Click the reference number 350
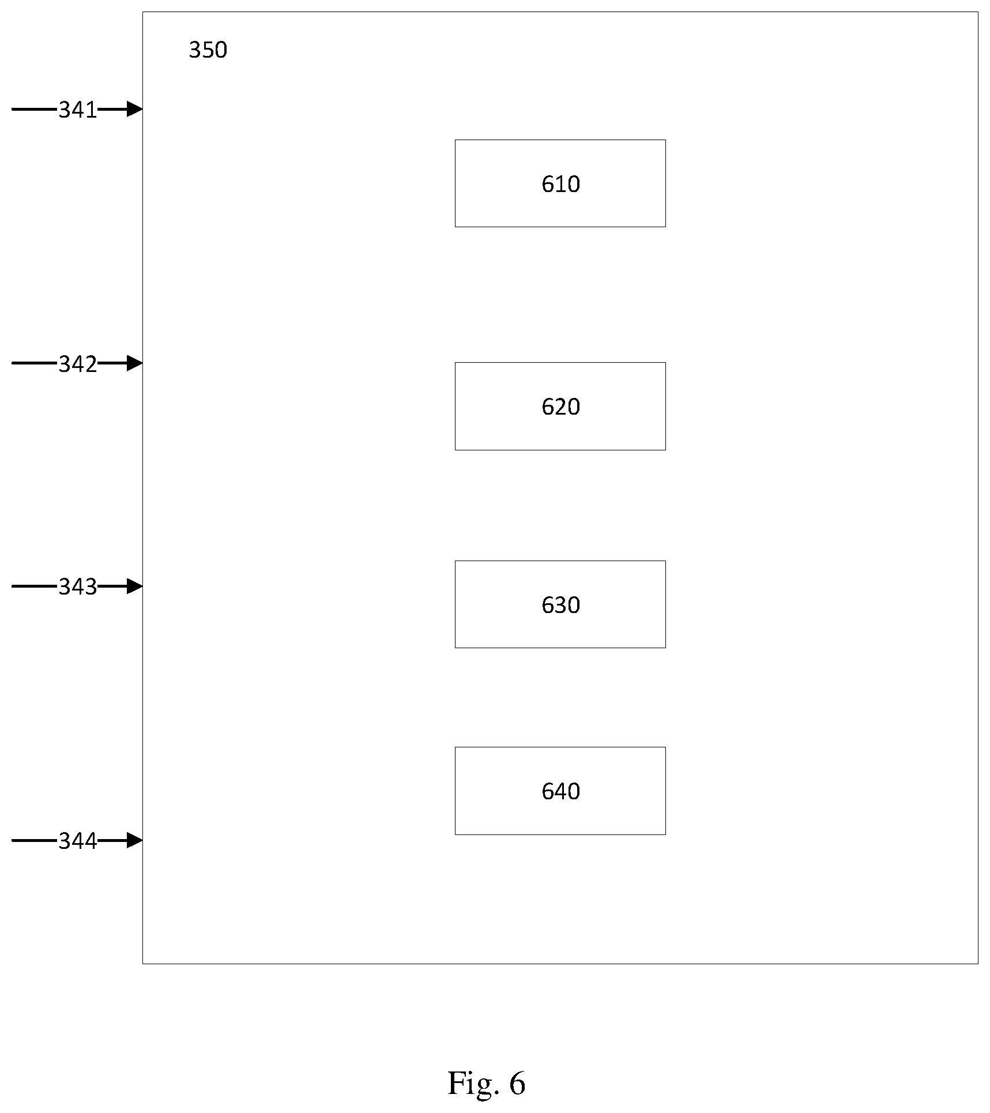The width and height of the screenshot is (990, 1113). point(208,50)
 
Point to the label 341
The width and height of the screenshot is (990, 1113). point(78,110)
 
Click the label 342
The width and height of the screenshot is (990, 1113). point(78,364)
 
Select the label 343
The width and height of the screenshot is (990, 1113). point(78,587)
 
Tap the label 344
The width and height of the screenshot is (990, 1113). point(78,841)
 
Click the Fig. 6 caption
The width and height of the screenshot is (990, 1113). point(487,1083)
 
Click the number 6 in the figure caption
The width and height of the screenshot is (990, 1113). point(517,1083)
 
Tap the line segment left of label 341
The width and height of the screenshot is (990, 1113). point(35,108)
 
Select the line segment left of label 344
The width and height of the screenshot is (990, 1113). point(35,840)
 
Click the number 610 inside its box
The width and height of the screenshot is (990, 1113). point(560,184)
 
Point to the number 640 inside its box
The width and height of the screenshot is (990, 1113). point(560,791)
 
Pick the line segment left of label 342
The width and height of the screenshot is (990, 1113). point(35,363)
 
